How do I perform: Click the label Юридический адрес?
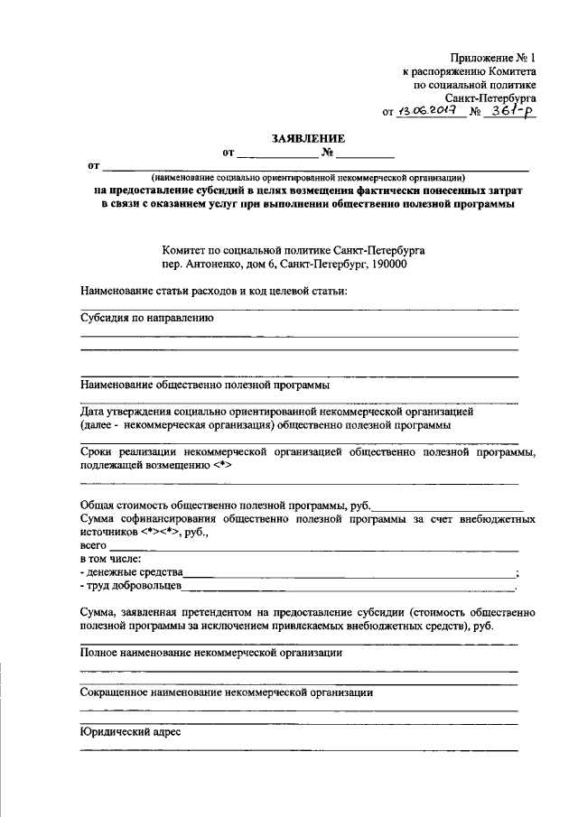130,732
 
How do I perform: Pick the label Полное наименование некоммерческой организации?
210,651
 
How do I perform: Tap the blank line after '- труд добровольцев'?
348,588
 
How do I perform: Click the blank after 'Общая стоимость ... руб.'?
449,508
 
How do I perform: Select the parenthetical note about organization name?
308,178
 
